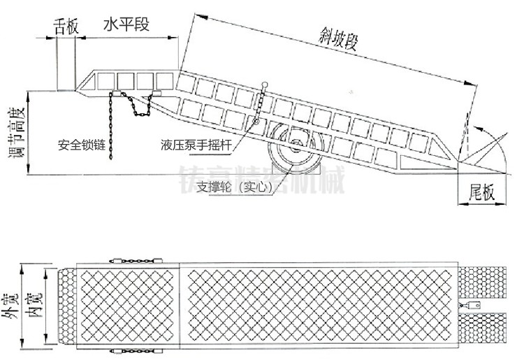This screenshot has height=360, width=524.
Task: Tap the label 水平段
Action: (126, 25)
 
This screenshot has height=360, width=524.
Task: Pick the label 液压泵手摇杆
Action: (195, 147)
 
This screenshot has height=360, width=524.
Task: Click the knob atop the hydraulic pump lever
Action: (265, 85)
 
